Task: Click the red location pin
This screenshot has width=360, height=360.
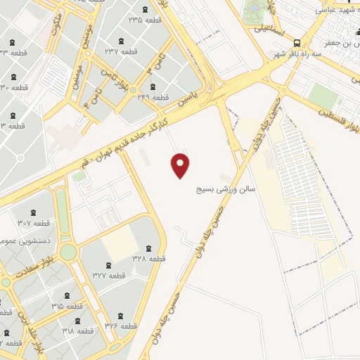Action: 181,165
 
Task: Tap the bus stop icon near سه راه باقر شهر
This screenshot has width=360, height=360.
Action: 297,42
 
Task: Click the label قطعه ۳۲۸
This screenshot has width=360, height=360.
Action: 148,259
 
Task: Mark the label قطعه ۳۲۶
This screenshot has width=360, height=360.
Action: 120,325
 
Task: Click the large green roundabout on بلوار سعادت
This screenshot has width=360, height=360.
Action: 68,252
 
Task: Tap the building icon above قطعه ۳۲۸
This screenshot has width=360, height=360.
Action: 148,247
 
